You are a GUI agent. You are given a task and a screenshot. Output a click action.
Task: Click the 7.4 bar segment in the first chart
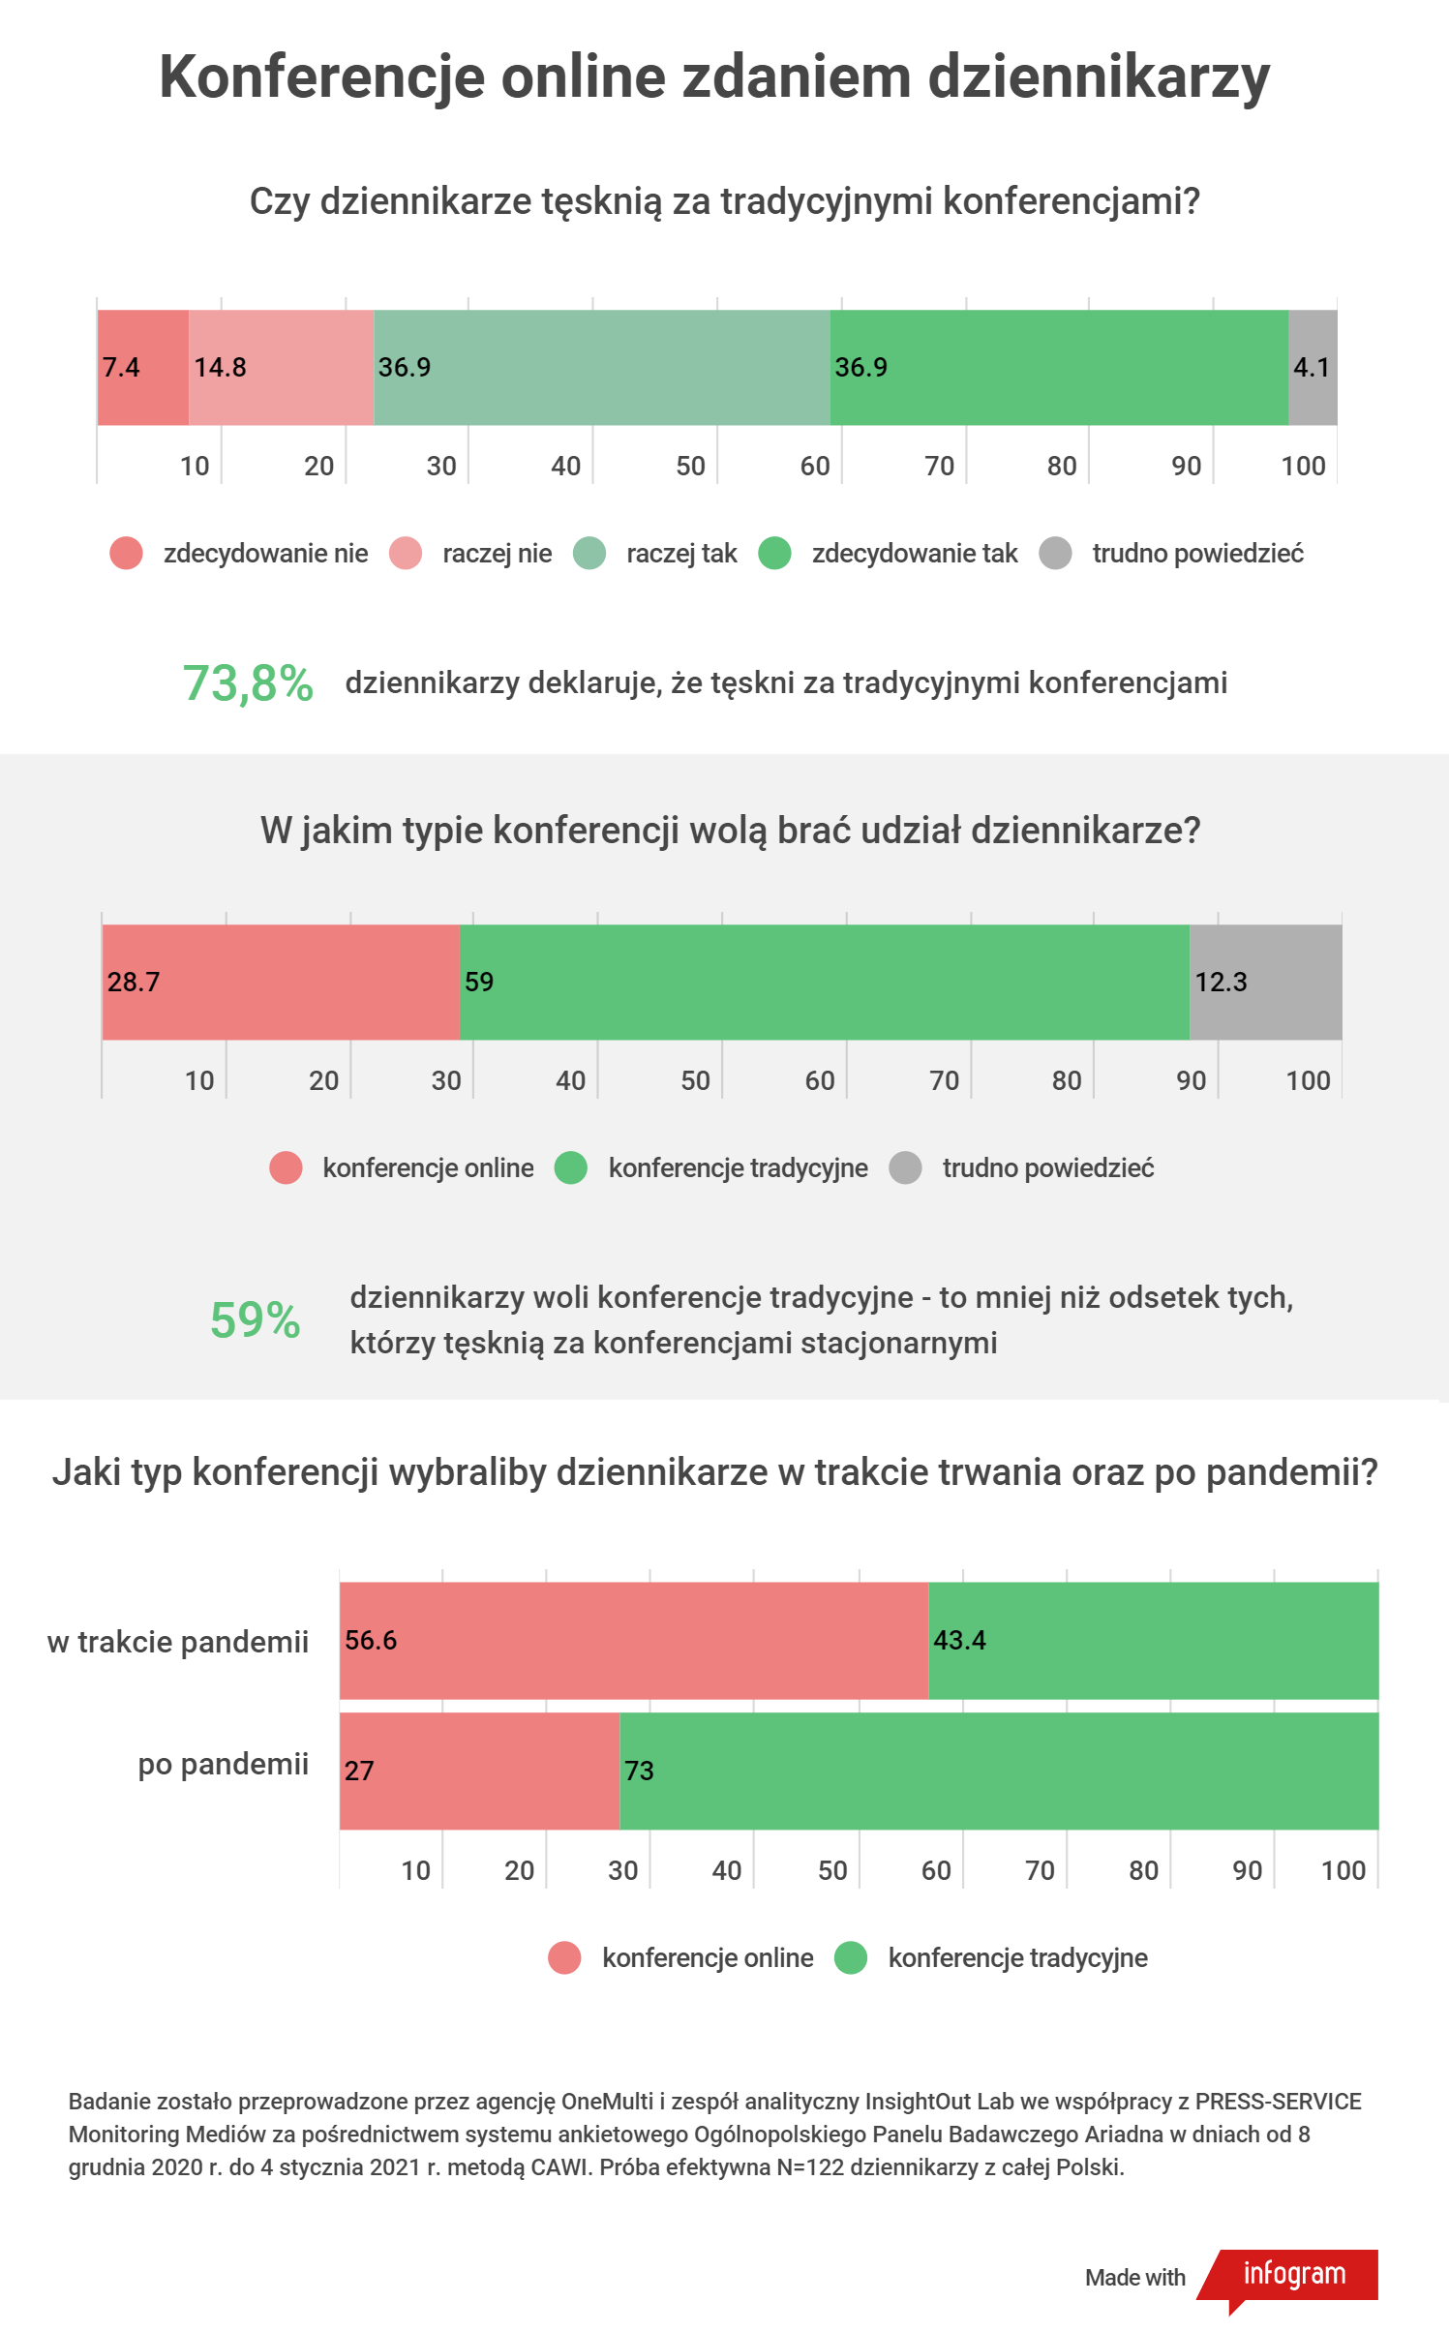click(143, 367)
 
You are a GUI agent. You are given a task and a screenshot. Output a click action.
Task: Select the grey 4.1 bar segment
click(1313, 367)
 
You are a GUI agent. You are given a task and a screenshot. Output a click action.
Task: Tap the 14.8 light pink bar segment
click(281, 367)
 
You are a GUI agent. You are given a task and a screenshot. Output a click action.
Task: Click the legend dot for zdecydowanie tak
click(774, 553)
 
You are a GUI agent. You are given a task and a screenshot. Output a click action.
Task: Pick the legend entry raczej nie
click(497, 553)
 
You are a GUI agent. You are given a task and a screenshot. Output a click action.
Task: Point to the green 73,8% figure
click(248, 683)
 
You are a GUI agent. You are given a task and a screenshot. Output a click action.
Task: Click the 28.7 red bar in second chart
click(281, 982)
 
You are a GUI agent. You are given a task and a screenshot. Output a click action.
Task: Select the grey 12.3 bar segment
click(1265, 982)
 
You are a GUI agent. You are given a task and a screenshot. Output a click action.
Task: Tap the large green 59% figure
click(256, 1319)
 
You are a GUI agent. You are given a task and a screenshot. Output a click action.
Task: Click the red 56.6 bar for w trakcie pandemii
click(634, 1640)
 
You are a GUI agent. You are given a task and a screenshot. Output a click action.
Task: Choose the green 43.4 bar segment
click(1153, 1640)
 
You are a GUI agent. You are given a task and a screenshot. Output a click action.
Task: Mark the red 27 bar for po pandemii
click(479, 1771)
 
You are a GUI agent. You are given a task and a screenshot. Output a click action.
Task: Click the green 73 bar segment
click(998, 1771)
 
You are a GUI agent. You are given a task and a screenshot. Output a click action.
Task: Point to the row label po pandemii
click(224, 1764)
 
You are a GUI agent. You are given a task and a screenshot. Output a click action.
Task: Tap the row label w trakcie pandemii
click(178, 1642)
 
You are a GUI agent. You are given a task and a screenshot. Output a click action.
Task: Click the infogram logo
click(1294, 2274)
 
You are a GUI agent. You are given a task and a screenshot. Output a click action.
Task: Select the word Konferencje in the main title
click(321, 77)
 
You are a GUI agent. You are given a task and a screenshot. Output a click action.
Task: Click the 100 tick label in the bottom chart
click(1343, 1870)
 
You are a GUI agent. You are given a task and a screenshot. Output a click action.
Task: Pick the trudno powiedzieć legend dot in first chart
click(1055, 553)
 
